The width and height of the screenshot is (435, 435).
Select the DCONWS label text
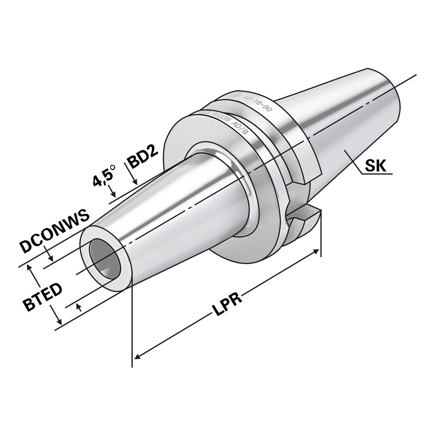54,232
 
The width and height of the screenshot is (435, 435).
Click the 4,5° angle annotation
104,175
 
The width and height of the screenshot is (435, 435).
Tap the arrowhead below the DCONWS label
52,259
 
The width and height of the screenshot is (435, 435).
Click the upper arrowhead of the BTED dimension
30,268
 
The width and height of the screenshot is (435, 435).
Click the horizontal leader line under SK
377,174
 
